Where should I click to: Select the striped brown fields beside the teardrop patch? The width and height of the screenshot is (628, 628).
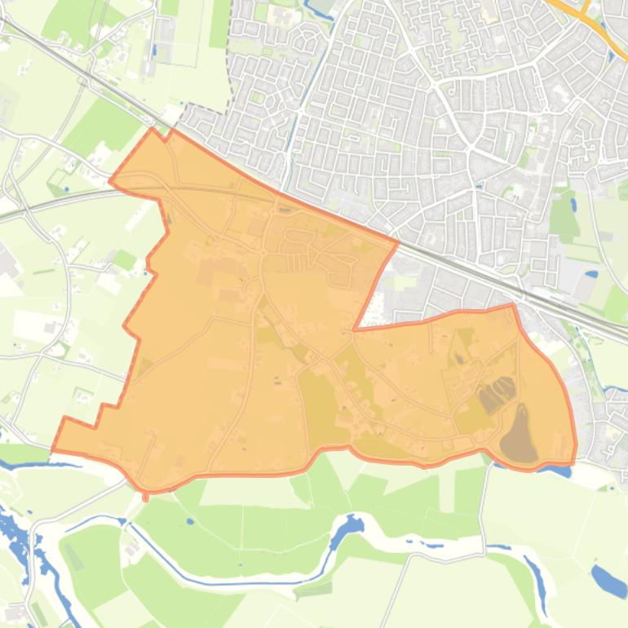[x=496, y=394]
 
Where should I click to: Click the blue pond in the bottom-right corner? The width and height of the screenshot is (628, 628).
[x=608, y=580]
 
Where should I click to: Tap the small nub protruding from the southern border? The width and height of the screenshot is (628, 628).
[x=145, y=495]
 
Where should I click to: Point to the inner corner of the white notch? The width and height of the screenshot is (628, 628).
[x=354, y=329]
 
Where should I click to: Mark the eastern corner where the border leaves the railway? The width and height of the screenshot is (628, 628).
[x=398, y=241]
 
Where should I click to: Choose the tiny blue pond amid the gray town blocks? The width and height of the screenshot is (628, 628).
[x=478, y=186]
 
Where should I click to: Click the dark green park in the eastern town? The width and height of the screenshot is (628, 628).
[x=563, y=216]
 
